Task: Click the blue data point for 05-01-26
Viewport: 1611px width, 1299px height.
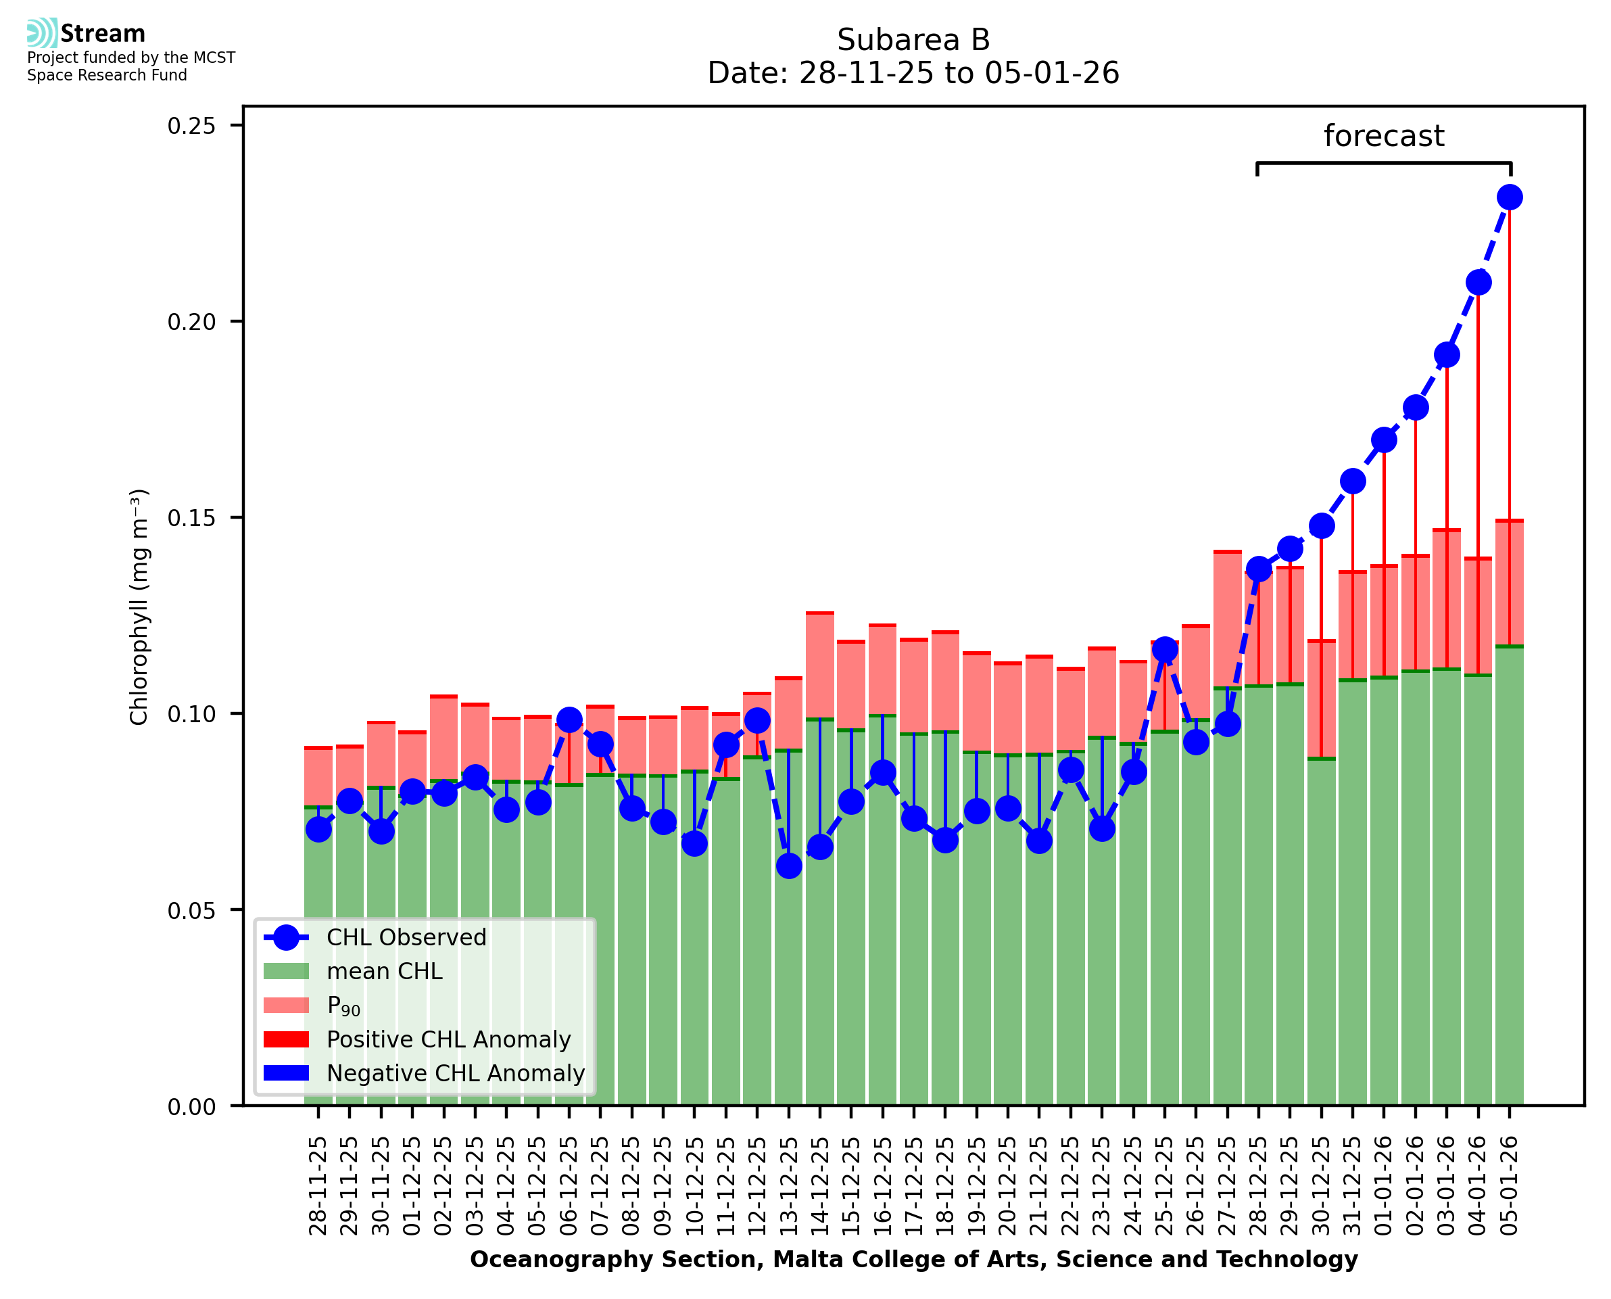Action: pyautogui.click(x=1510, y=197)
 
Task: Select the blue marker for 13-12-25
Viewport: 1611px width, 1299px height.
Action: pyautogui.click(x=789, y=866)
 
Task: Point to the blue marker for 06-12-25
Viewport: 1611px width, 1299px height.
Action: pyautogui.click(x=569, y=721)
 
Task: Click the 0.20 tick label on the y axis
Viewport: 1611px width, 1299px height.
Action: pyautogui.click(x=191, y=322)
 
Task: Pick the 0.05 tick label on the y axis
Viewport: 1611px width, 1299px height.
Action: pyautogui.click(x=191, y=911)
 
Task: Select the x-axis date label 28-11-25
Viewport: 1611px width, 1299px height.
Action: pyautogui.click(x=318, y=1186)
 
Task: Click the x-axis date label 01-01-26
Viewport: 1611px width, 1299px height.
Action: pyautogui.click(x=1385, y=1186)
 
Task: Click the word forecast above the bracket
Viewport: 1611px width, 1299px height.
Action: pyautogui.click(x=1384, y=136)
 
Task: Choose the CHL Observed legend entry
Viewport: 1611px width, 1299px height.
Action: pyautogui.click(x=406, y=938)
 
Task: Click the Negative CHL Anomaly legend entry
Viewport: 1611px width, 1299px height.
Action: pyautogui.click(x=456, y=1073)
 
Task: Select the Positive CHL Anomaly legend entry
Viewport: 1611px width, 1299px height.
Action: pyautogui.click(x=448, y=1039)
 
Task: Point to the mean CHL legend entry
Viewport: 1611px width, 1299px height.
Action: pyautogui.click(x=385, y=971)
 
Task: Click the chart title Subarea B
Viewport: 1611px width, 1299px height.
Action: pyautogui.click(x=913, y=40)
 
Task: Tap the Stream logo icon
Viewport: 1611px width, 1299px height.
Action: pyautogui.click(x=42, y=33)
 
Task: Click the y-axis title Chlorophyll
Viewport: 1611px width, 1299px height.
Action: pyautogui.click(x=140, y=607)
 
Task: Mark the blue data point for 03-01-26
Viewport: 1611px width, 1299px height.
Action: pyautogui.click(x=1447, y=355)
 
